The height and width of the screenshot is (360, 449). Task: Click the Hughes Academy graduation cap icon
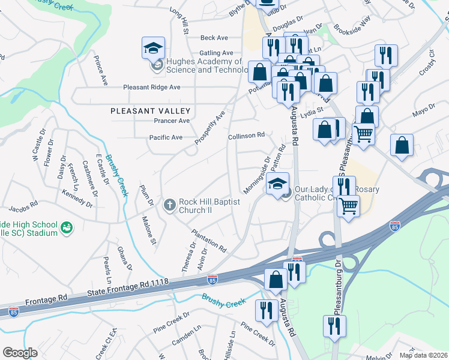tap(153, 47)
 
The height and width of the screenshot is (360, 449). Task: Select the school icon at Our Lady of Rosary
tap(278, 184)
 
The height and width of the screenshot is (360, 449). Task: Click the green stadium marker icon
tap(66, 228)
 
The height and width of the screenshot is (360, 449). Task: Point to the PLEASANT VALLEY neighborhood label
tap(151, 111)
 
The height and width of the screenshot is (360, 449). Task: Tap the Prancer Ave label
tap(172, 121)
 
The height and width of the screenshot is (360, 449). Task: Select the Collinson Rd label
tap(246, 136)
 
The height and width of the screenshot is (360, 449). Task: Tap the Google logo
tap(20, 352)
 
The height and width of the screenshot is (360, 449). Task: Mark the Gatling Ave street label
tap(216, 53)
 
